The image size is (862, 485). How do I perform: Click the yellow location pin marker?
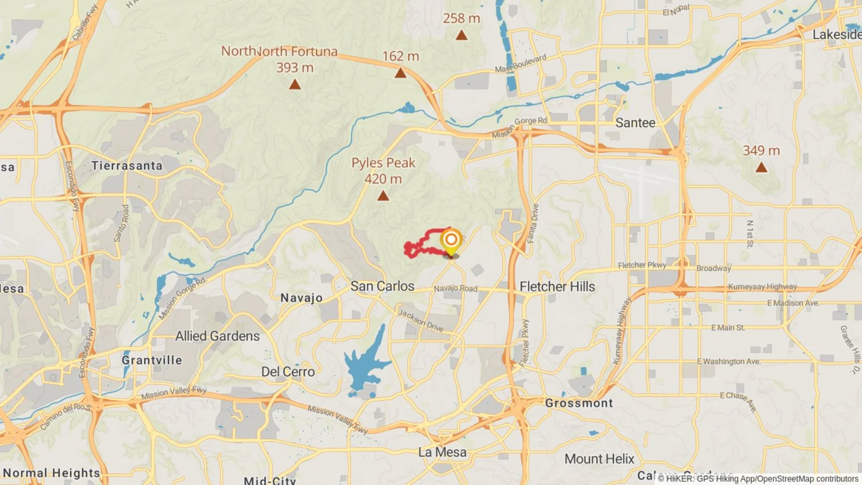(x=451, y=241)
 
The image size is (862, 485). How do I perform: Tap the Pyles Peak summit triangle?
(x=383, y=196)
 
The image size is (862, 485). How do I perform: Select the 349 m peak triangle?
(x=761, y=168)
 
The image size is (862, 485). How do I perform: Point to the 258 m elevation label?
(x=461, y=18)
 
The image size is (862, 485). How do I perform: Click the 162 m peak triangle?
(x=400, y=73)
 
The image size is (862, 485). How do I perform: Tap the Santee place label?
(x=635, y=123)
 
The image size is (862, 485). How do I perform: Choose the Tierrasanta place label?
(x=127, y=166)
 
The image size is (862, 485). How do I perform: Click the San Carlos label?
(x=382, y=286)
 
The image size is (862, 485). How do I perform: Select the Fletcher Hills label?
(x=557, y=287)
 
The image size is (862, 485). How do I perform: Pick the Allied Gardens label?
(x=217, y=336)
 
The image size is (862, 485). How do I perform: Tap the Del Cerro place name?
(x=288, y=372)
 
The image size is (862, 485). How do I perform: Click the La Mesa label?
(x=442, y=452)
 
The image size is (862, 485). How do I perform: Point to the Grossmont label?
(x=579, y=403)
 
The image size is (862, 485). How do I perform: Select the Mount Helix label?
(x=599, y=459)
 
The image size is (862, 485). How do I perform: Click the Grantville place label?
(x=152, y=360)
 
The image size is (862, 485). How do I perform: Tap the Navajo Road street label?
(x=455, y=288)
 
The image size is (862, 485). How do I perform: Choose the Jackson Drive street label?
(x=421, y=320)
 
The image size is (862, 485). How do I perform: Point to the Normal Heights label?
(x=52, y=473)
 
